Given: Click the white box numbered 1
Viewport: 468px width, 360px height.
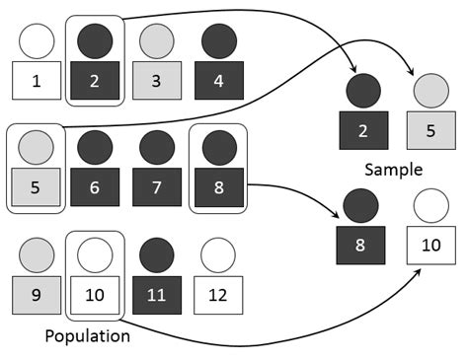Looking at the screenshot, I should click(x=37, y=80).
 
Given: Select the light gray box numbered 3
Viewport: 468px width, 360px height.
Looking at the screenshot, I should click(x=154, y=80).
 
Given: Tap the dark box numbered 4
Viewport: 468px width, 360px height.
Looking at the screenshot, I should click(x=214, y=80).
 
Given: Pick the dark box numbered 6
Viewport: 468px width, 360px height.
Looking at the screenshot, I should click(x=96, y=186).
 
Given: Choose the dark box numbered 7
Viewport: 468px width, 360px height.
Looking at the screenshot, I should click(x=155, y=186).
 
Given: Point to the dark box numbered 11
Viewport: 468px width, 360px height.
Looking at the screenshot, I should click(x=155, y=293).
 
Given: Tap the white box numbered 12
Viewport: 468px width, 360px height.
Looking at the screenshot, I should click(x=214, y=293).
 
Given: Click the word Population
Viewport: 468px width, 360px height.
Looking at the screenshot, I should click(x=88, y=335).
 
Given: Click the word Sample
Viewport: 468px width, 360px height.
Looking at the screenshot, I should click(x=392, y=169).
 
